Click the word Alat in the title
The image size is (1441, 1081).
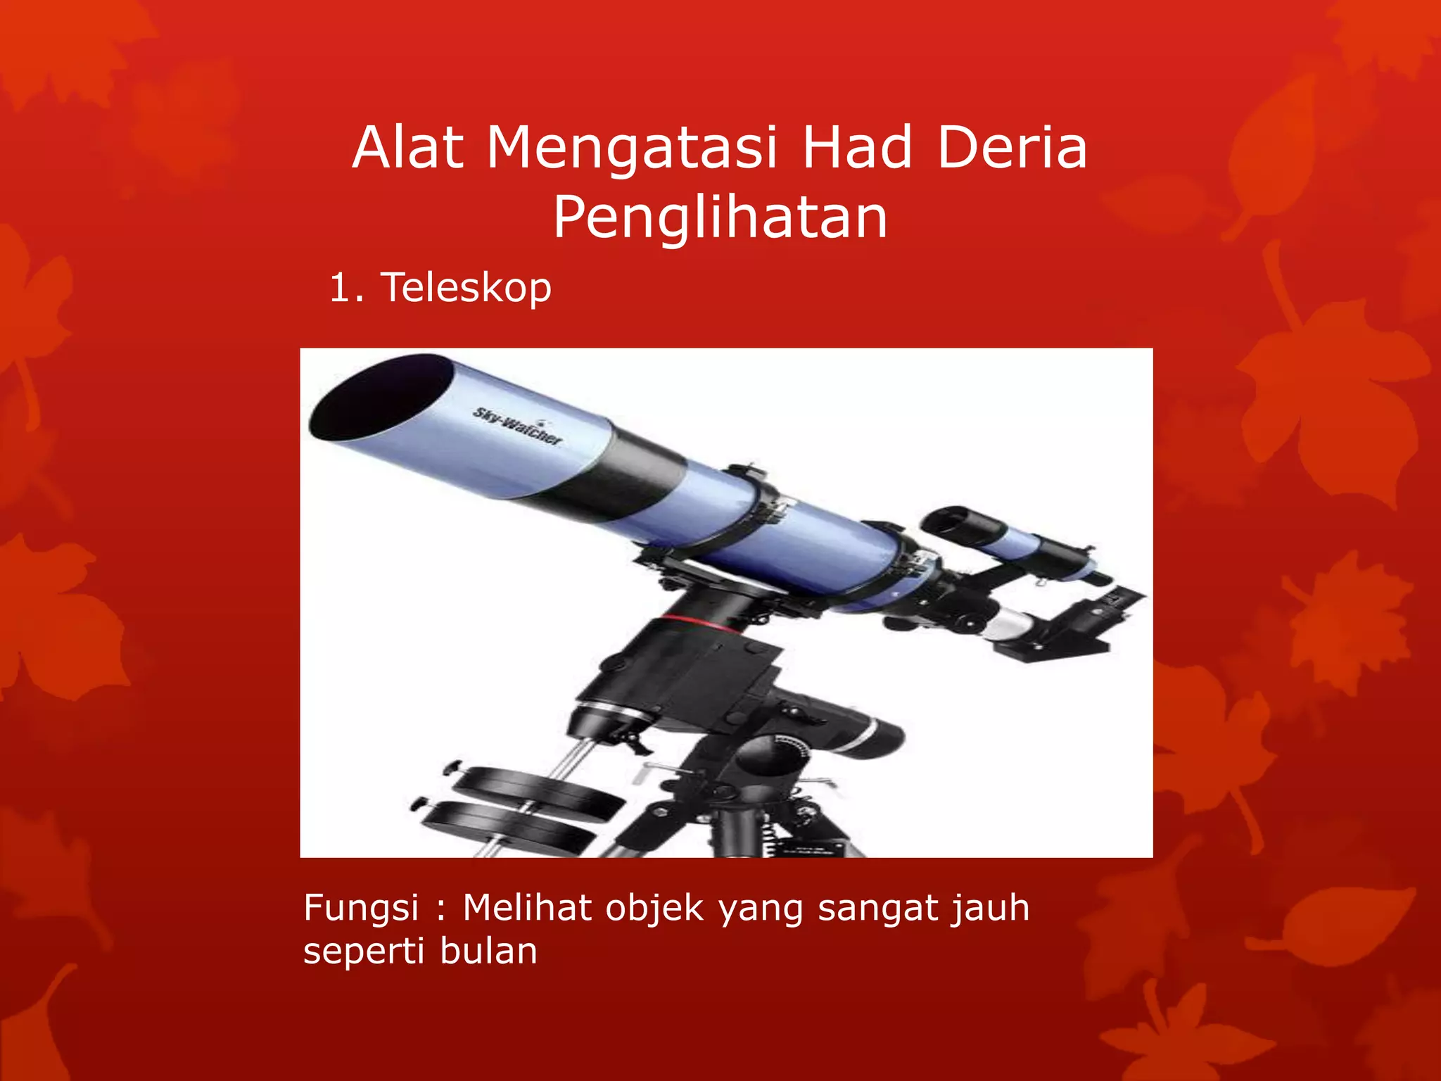tap(408, 148)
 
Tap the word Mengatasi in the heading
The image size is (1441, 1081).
tap(632, 149)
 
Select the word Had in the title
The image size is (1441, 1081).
tap(857, 148)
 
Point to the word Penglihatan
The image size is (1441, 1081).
tap(720, 217)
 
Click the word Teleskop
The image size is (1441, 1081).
tap(466, 288)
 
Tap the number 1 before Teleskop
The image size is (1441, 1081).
tap(341, 288)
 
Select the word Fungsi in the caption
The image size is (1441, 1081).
tap(361, 908)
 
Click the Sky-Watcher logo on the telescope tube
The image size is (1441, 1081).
tap(517, 426)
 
